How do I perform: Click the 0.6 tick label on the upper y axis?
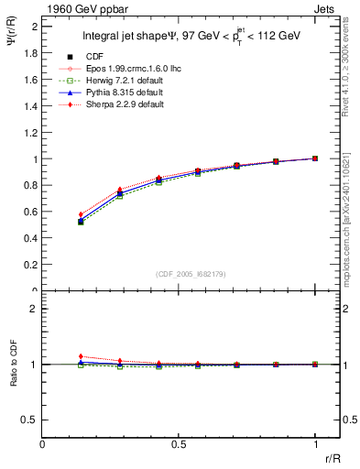point(31,212)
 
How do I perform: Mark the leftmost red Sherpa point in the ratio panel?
point(81,356)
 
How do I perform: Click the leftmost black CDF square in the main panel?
point(81,222)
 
